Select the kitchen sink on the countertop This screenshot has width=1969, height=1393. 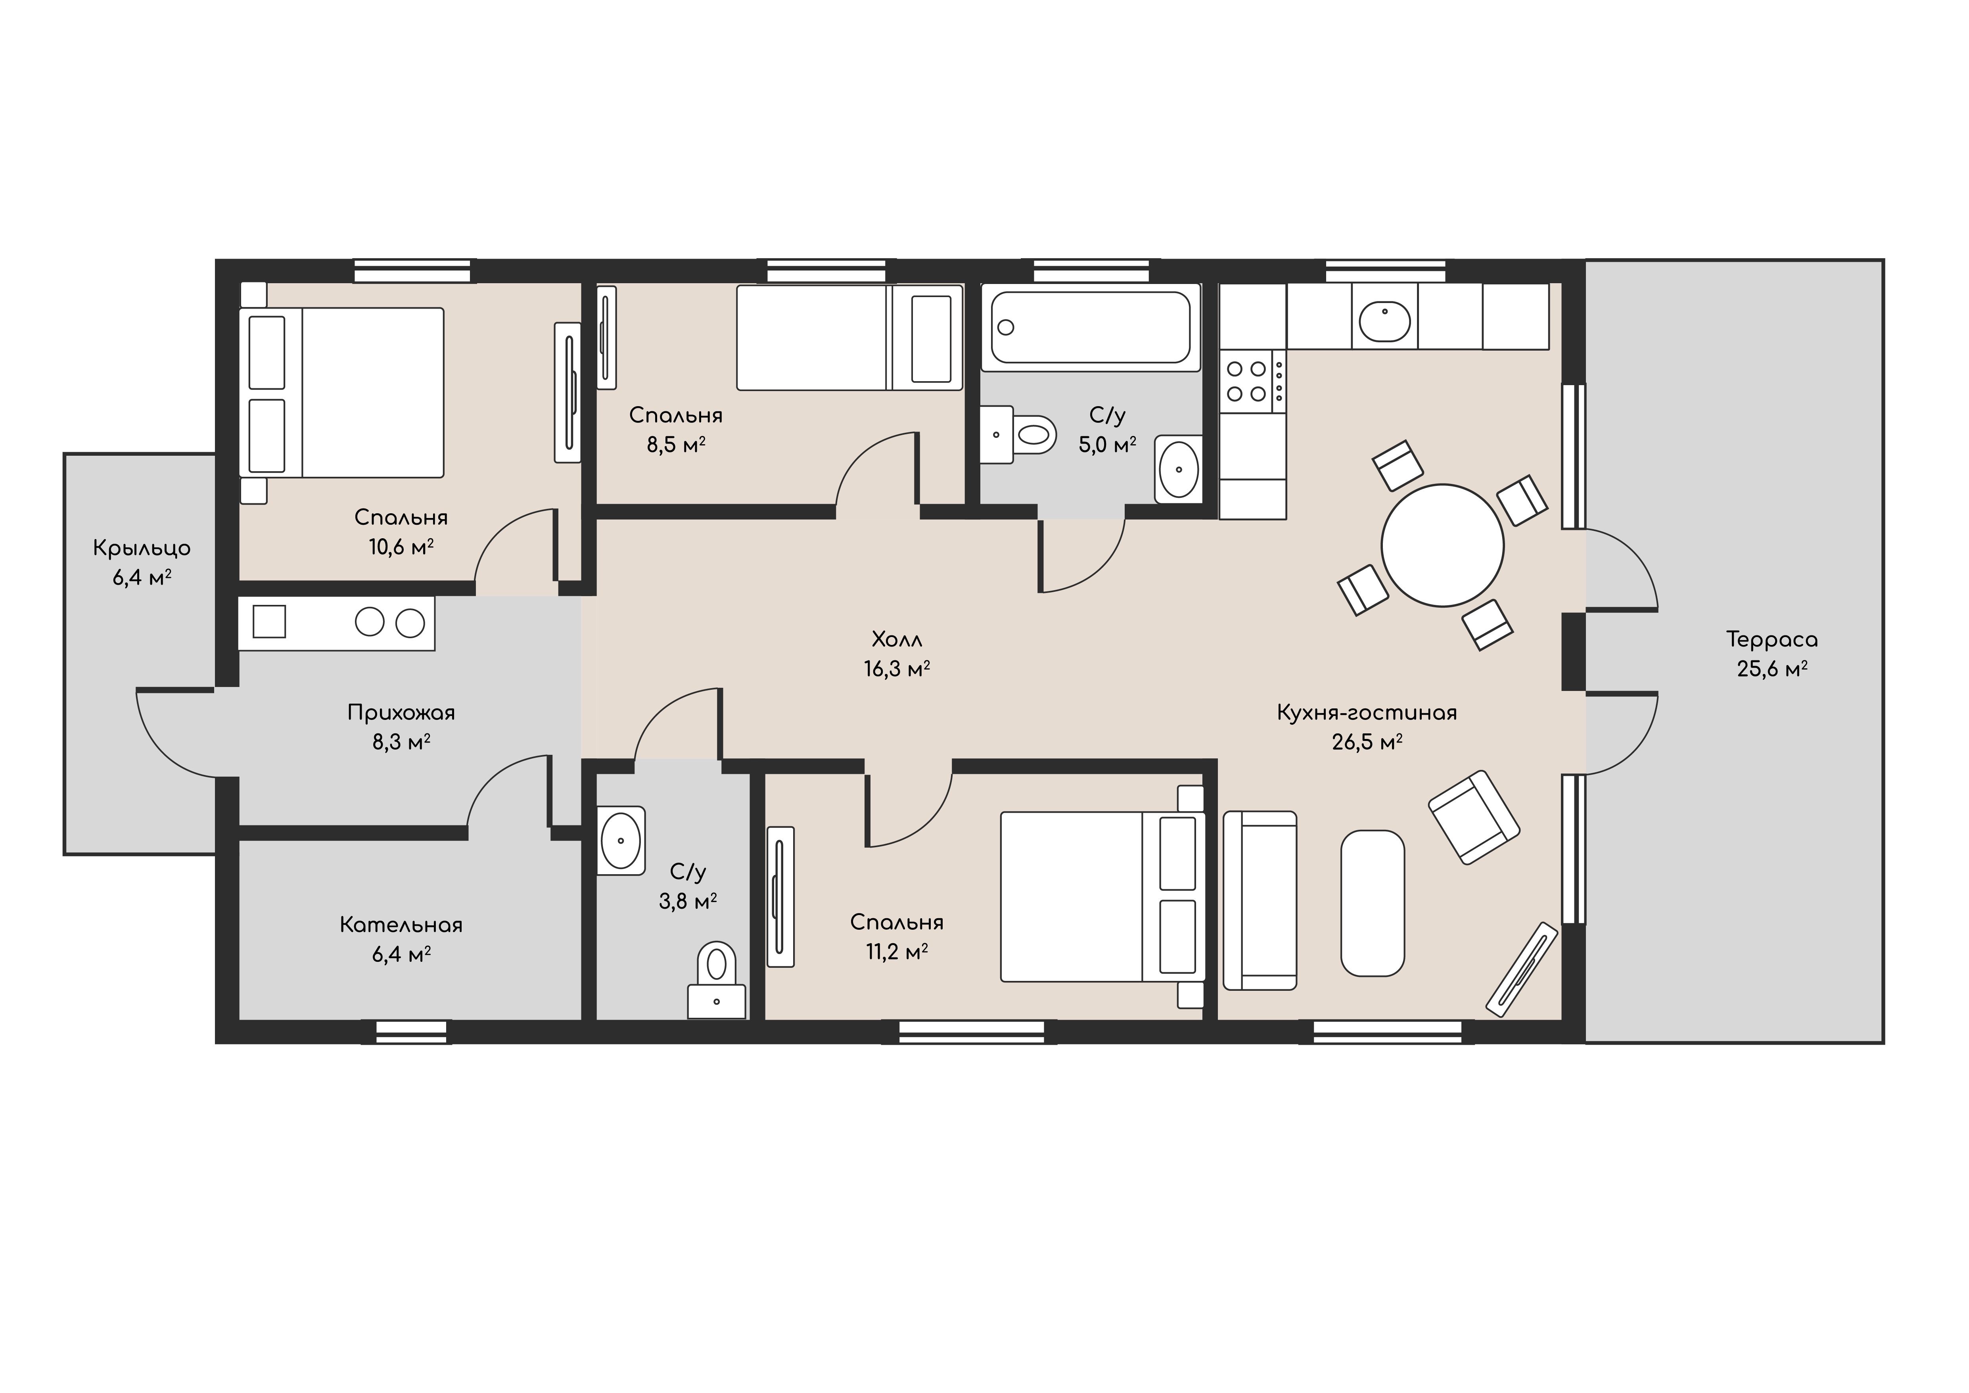pos(1384,322)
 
